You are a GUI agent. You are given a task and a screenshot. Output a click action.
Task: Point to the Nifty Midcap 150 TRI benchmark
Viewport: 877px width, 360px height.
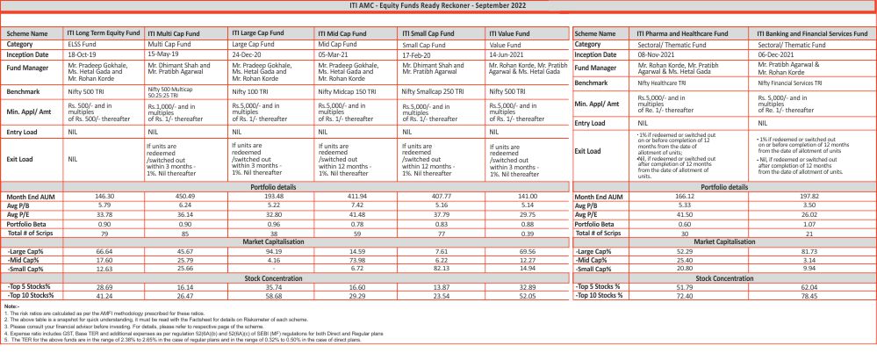point(349,90)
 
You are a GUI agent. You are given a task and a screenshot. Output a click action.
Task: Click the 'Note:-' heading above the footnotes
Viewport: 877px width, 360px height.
point(11,307)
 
